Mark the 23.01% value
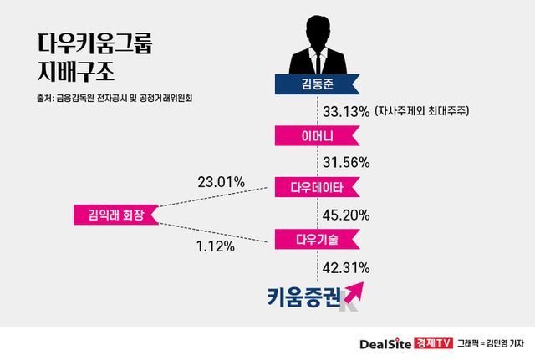pyautogui.click(x=222, y=180)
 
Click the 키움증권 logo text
pyautogui.click(x=303, y=296)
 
